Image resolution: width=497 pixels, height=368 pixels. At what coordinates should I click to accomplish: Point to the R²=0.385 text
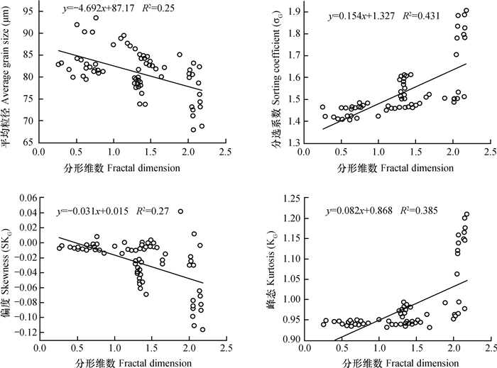pyautogui.click(x=402, y=211)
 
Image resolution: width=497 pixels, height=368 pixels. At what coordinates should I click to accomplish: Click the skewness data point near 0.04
pyautogui.click(x=180, y=211)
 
